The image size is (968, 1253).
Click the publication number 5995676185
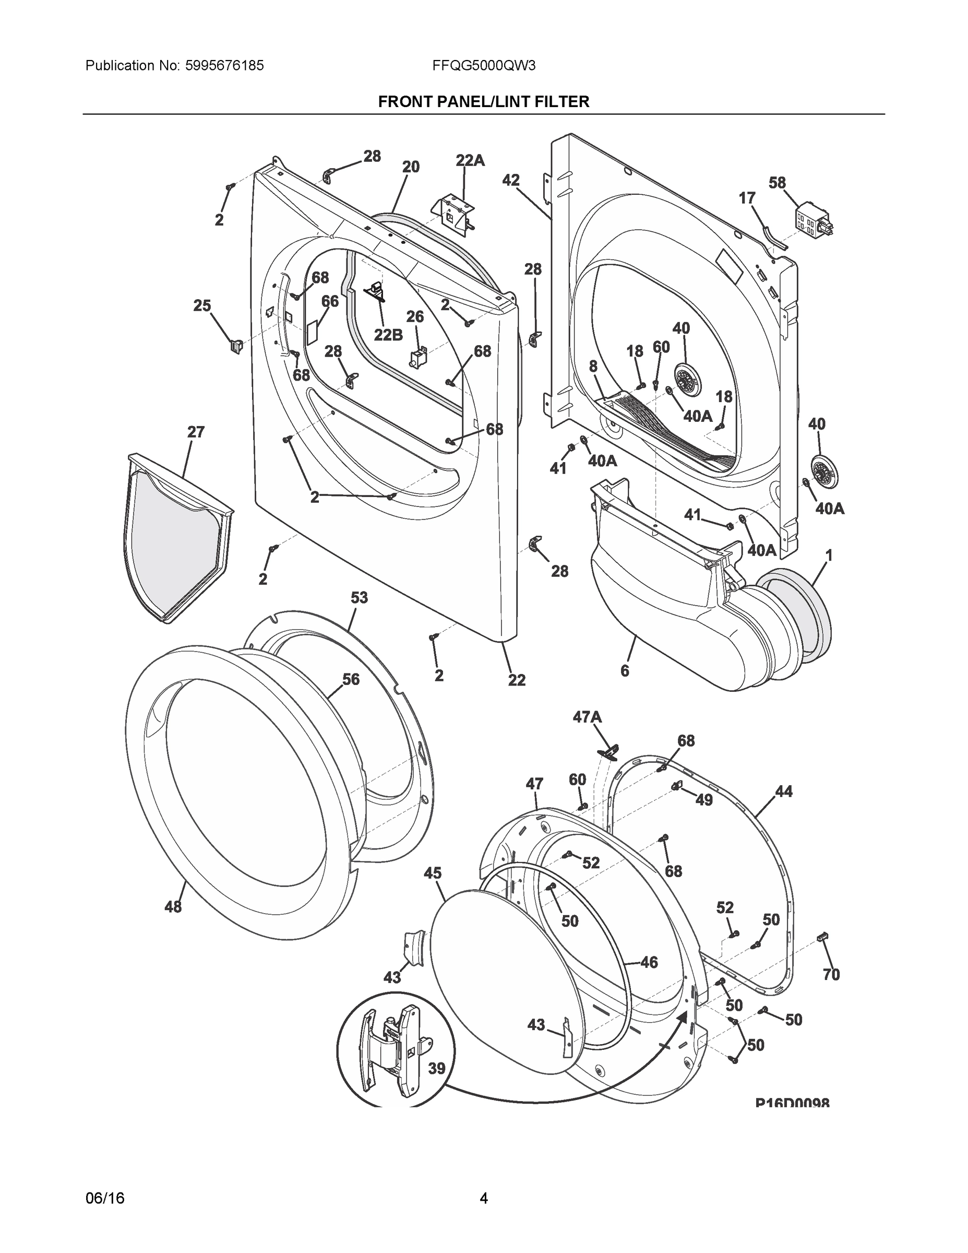[x=224, y=66]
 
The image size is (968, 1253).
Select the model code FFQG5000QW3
[x=484, y=66]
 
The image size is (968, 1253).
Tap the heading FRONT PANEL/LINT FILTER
[x=483, y=102]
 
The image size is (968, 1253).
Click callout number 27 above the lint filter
[x=196, y=432]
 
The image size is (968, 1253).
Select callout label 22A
[x=470, y=161]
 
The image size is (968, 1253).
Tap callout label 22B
[x=388, y=335]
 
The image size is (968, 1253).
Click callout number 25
[x=202, y=306]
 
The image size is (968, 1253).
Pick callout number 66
[x=330, y=301]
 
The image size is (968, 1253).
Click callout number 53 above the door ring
[x=359, y=598]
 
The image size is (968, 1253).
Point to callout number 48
[x=173, y=906]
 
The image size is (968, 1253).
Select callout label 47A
[x=587, y=717]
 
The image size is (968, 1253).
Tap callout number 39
[x=436, y=1068]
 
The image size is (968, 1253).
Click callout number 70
[x=831, y=974]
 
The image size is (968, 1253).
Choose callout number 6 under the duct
[x=625, y=671]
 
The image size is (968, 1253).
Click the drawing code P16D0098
[x=792, y=1103]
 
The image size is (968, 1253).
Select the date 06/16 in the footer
[x=105, y=1199]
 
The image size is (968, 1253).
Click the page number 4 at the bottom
[x=483, y=1199]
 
